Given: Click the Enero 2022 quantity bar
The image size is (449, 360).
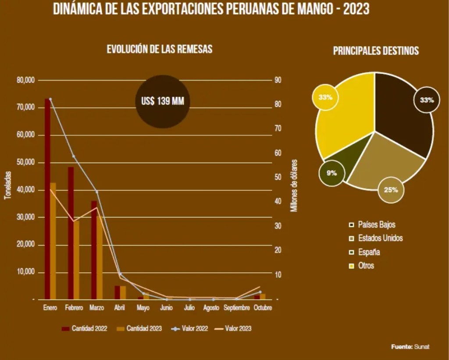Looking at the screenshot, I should [x=47, y=197].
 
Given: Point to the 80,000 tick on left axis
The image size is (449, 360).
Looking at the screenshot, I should [x=25, y=81].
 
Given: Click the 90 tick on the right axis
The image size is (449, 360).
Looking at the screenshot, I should [x=278, y=81].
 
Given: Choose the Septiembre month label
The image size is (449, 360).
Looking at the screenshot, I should [x=236, y=308].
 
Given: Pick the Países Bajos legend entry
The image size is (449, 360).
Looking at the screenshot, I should [x=376, y=225].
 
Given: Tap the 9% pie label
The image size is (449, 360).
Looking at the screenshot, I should [x=332, y=173].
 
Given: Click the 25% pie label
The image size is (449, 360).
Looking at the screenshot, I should [x=391, y=190].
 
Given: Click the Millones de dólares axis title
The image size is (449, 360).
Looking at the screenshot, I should [x=294, y=185].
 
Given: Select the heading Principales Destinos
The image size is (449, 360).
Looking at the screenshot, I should [x=376, y=51].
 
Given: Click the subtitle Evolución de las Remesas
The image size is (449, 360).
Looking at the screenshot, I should [x=160, y=49].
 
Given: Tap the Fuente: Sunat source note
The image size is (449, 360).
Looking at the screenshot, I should [x=410, y=346].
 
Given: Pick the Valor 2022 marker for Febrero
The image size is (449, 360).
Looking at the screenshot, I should [x=74, y=156].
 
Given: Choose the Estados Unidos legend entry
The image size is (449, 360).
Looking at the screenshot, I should [x=380, y=238].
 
